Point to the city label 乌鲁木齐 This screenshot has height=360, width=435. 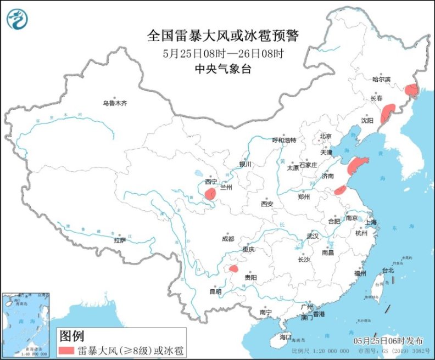(114, 103)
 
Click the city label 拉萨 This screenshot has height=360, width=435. (120, 240)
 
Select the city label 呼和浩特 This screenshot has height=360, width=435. (284, 140)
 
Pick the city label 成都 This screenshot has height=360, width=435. (227, 239)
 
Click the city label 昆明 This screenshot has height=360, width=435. (215, 291)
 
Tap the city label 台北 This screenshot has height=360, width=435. (388, 271)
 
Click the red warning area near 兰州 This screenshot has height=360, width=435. (210, 193)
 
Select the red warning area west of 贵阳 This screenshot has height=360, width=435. (233, 269)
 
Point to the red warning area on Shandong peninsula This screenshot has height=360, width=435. (357, 164)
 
